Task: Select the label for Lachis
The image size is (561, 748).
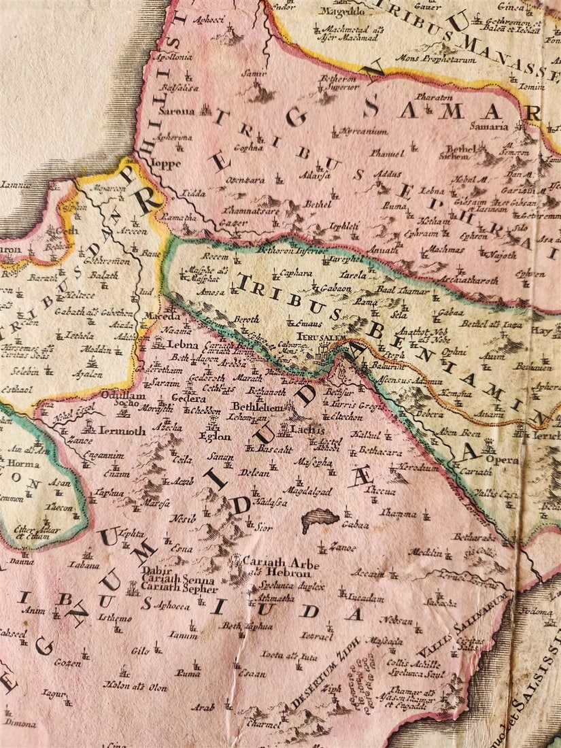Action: point(302,430)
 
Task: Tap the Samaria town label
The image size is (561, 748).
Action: point(488,126)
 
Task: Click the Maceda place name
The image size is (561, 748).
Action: point(161,316)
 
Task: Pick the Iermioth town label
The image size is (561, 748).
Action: point(122,430)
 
